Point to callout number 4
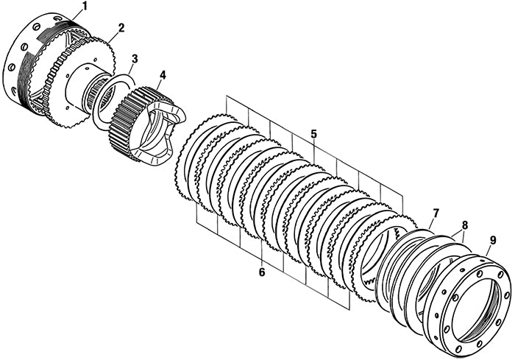pyautogui.click(x=162, y=74)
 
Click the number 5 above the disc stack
pyautogui.click(x=313, y=134)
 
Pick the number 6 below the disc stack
pyautogui.click(x=261, y=272)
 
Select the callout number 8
pyautogui.click(x=464, y=225)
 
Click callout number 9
pyautogui.click(x=492, y=240)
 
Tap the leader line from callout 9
pyautogui.click(x=488, y=250)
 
